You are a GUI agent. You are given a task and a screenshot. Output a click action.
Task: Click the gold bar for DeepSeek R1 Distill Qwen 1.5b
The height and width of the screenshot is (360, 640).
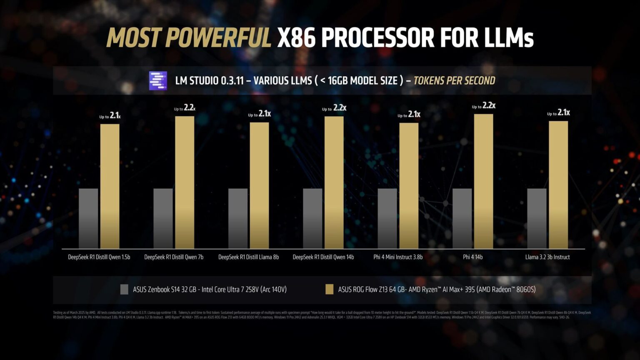pyautogui.click(x=110, y=186)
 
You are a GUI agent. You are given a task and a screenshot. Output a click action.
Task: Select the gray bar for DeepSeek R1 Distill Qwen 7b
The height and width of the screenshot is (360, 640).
pyautogui.click(x=163, y=218)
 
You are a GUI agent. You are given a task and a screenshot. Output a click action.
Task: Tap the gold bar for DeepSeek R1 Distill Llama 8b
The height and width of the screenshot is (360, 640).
pyautogui.click(x=259, y=185)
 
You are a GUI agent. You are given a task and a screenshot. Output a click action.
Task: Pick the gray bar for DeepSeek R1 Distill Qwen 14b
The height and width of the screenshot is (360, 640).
pyautogui.click(x=312, y=218)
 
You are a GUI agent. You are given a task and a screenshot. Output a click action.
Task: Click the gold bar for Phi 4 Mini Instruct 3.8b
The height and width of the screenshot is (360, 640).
pyautogui.click(x=409, y=186)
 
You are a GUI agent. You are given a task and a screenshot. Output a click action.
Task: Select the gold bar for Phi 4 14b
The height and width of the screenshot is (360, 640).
pyautogui.click(x=483, y=181)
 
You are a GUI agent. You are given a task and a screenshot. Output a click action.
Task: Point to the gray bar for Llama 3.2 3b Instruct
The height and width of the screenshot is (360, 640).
pyautogui.click(x=537, y=218)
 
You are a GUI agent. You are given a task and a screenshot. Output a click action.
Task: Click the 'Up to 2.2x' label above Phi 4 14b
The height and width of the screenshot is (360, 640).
pyautogui.click(x=483, y=106)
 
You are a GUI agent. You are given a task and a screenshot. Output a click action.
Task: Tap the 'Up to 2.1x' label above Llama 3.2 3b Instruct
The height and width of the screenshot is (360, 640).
pyautogui.click(x=558, y=113)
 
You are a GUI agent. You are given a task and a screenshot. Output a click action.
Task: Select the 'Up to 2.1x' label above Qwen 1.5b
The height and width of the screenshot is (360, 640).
pyautogui.click(x=110, y=116)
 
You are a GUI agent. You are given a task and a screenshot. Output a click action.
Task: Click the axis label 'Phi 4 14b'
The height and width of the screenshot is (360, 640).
pyautogui.click(x=472, y=257)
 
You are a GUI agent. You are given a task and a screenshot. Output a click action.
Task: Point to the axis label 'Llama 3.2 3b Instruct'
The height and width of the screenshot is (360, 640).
pyautogui.click(x=547, y=257)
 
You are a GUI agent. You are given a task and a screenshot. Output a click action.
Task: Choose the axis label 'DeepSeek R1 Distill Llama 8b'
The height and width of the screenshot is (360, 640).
pyautogui.click(x=248, y=257)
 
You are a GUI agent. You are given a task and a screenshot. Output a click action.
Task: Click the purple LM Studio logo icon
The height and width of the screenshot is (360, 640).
pyautogui.click(x=158, y=80)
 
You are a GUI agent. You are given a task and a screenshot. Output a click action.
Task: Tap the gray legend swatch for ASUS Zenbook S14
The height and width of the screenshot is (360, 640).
pyautogui.click(x=124, y=289)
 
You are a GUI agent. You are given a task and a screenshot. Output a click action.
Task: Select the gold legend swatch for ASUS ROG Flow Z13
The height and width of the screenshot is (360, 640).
pyautogui.click(x=329, y=289)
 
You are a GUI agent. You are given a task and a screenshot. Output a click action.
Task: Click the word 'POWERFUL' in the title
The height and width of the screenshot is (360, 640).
pyautogui.click(x=218, y=38)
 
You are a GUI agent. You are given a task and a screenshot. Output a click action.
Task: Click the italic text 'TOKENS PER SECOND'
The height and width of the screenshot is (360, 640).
pyautogui.click(x=454, y=80)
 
